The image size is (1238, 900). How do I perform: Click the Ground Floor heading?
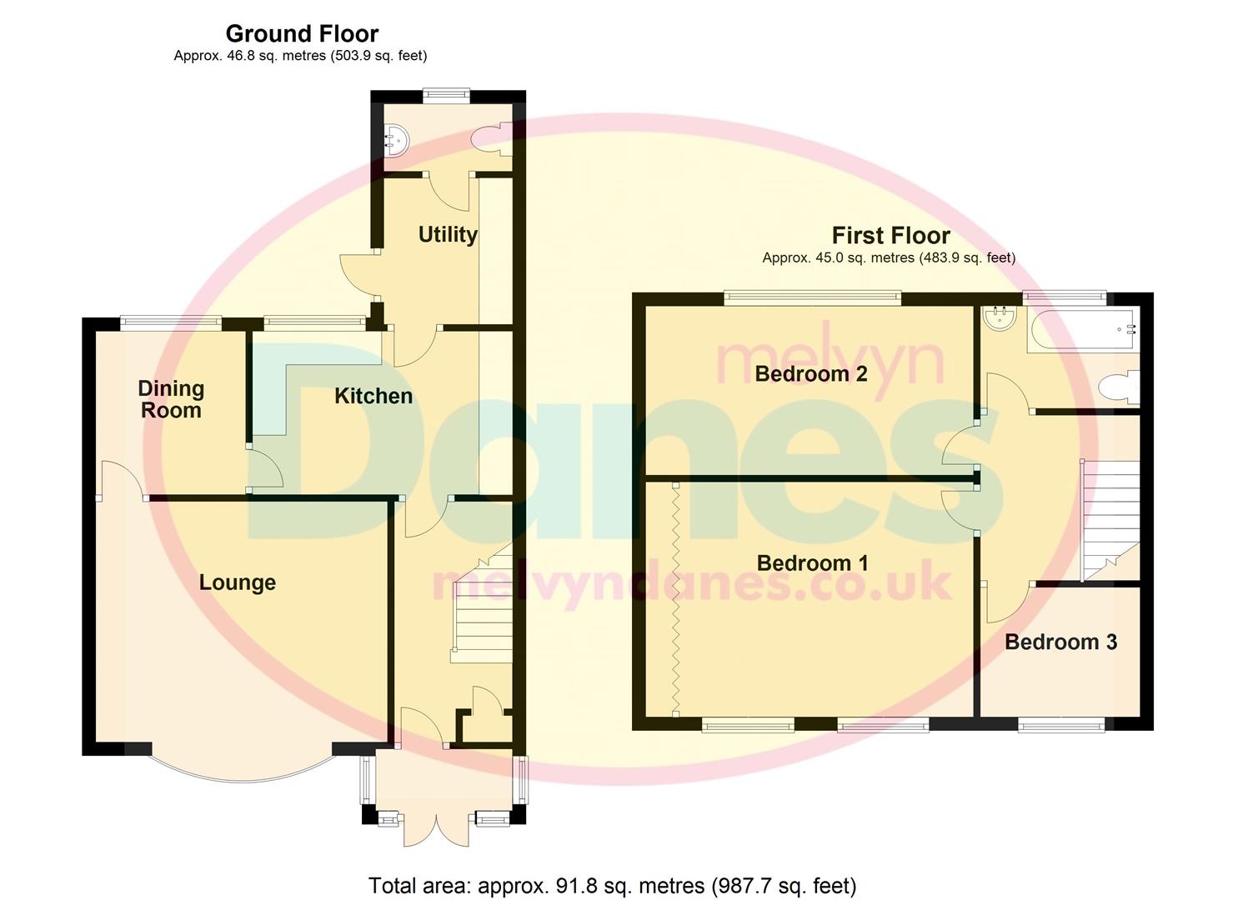(x=302, y=34)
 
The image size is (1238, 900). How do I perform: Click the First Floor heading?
(x=890, y=236)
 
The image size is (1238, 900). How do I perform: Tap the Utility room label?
(x=448, y=234)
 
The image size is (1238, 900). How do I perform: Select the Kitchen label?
(x=373, y=396)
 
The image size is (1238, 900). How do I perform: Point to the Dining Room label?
(x=171, y=399)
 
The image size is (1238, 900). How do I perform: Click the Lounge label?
(x=238, y=582)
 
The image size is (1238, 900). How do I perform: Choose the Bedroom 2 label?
(x=811, y=373)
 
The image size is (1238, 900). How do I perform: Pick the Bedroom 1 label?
(x=813, y=563)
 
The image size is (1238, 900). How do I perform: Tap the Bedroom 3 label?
(x=1060, y=642)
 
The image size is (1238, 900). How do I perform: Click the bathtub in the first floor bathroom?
(x=1082, y=329)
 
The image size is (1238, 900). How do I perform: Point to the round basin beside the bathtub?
(x=998, y=317)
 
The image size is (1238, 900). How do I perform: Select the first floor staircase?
(x=1110, y=517)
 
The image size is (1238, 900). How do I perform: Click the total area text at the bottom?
(x=612, y=885)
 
